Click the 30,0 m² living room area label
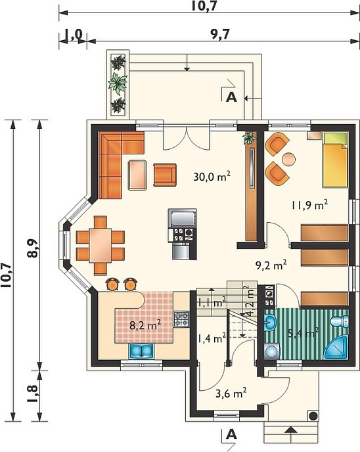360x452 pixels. [212, 176]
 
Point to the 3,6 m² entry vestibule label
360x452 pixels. [231, 393]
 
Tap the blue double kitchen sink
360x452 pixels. [141, 351]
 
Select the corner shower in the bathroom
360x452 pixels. [336, 348]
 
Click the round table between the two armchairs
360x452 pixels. [288, 159]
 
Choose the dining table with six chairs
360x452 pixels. [101, 245]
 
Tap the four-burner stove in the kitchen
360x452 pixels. [181, 319]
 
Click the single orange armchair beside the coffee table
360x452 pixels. [165, 175]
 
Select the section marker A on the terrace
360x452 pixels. [231, 98]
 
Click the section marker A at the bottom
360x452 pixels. [231, 434]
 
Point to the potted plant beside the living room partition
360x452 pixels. [250, 138]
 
